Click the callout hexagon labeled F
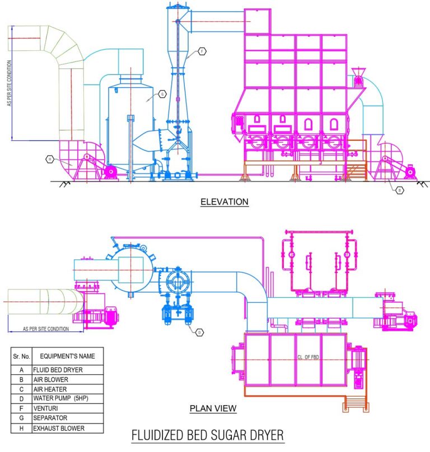pyautogui.click(x=202, y=51)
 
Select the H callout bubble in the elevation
pyautogui.click(x=50, y=159)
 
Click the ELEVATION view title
pyautogui.click(x=224, y=202)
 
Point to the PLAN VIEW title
pyautogui.click(x=213, y=409)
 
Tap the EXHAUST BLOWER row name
pyautogui.click(x=59, y=429)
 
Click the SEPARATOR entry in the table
pyautogui.click(x=50, y=418)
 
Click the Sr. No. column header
pyautogui.click(x=21, y=355)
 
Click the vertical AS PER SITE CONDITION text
pyautogui.click(x=10, y=95)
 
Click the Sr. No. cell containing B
pyautogui.click(x=21, y=379)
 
